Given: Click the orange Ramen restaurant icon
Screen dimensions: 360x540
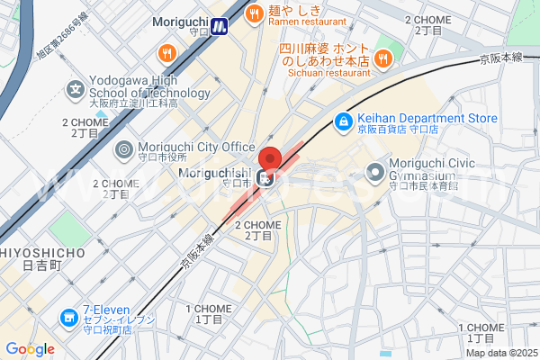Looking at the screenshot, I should [x=254, y=13].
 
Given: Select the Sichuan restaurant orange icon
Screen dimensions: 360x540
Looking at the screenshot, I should [x=383, y=58].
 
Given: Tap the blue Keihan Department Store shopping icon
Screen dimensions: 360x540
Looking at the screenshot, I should [x=343, y=121].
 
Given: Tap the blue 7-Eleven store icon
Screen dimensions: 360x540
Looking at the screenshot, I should [x=68, y=318].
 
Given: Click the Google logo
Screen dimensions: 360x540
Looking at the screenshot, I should [x=30, y=349].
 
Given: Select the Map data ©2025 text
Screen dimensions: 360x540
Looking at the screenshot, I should [x=500, y=352].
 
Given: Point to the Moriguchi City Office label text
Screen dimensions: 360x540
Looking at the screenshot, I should [x=196, y=147].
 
